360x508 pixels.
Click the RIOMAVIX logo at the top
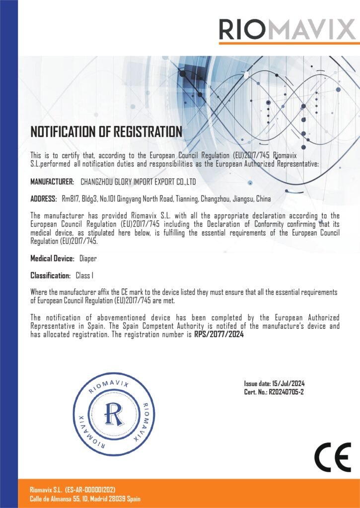[x=288, y=29]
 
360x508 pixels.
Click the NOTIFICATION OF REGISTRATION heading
[x=106, y=132]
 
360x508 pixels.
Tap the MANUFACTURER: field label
[x=52, y=182]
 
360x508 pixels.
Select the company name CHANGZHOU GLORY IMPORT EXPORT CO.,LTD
[x=138, y=182]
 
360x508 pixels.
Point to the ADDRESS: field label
[x=44, y=199]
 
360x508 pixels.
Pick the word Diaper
[x=88, y=258]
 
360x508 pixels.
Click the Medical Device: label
[x=52, y=258]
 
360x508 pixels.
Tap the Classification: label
[x=50, y=275]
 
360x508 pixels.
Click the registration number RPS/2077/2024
[x=218, y=334]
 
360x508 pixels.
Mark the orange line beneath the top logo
[x=288, y=43]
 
